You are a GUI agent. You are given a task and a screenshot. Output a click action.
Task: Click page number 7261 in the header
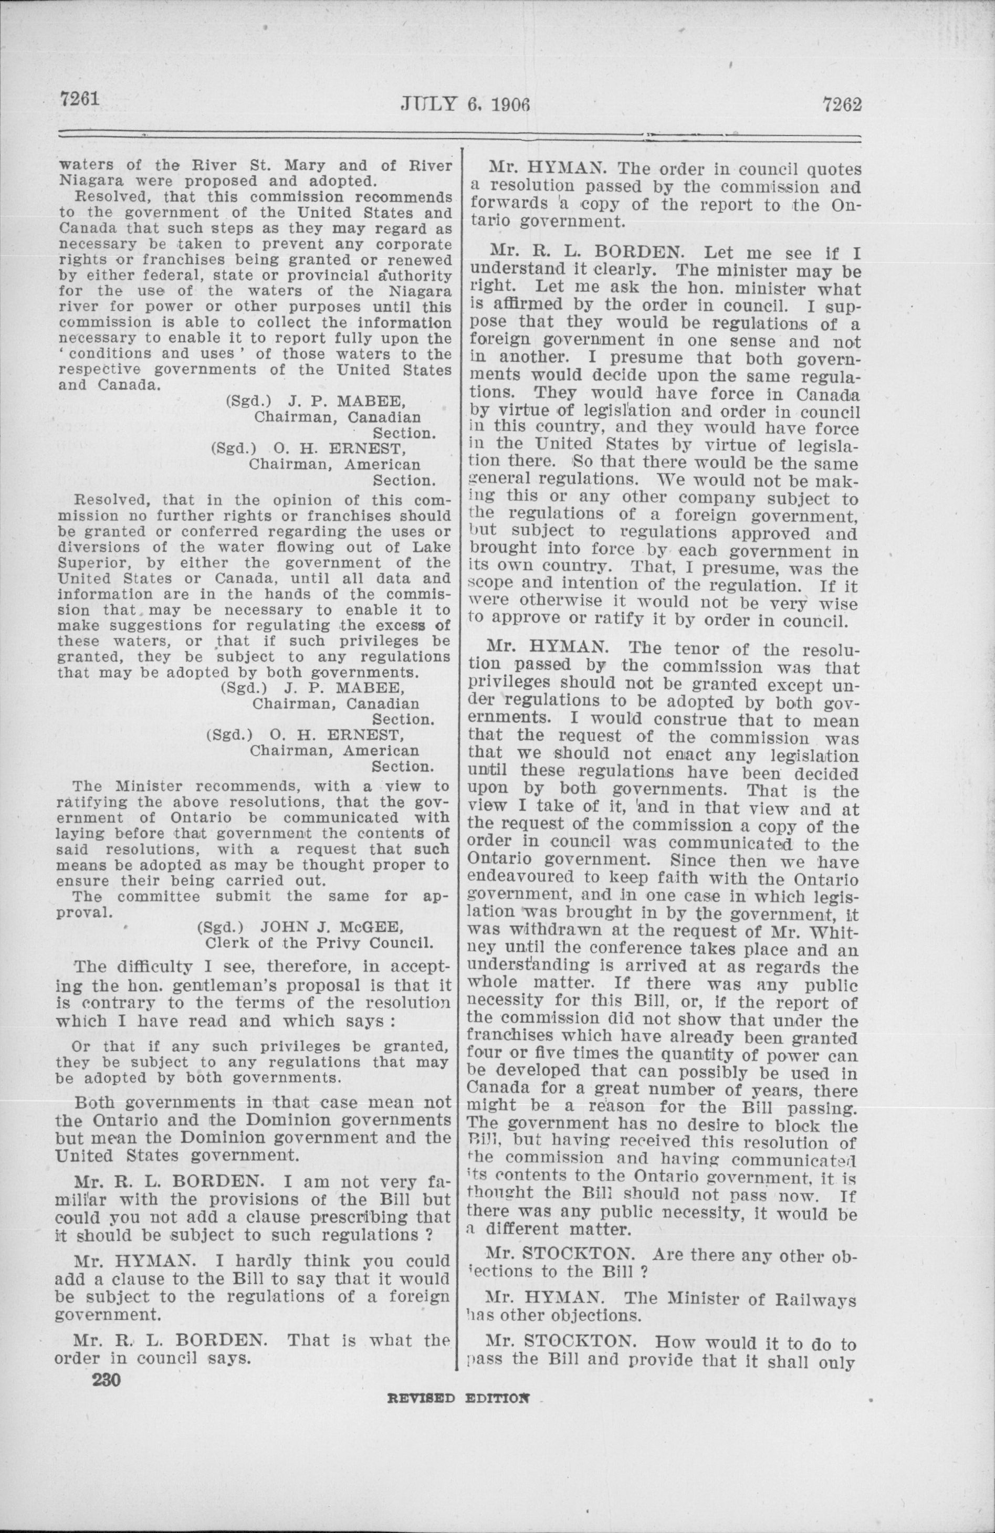click(79, 99)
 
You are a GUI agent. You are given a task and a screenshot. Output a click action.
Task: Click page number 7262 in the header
click(841, 104)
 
